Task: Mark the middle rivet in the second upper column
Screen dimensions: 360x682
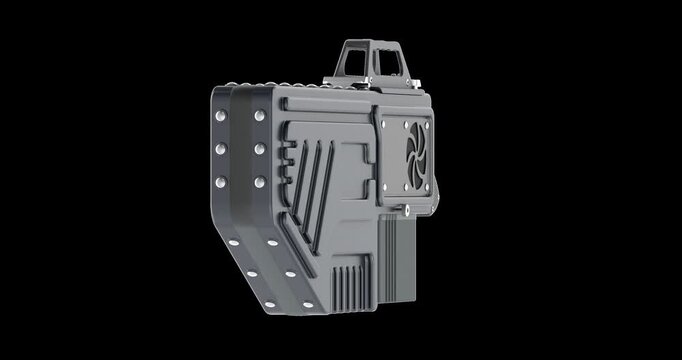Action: click(x=260, y=150)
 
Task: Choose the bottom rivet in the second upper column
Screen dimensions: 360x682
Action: click(x=260, y=182)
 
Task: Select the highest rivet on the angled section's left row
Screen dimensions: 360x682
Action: click(x=233, y=242)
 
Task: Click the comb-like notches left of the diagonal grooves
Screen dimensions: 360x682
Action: click(x=286, y=160)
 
